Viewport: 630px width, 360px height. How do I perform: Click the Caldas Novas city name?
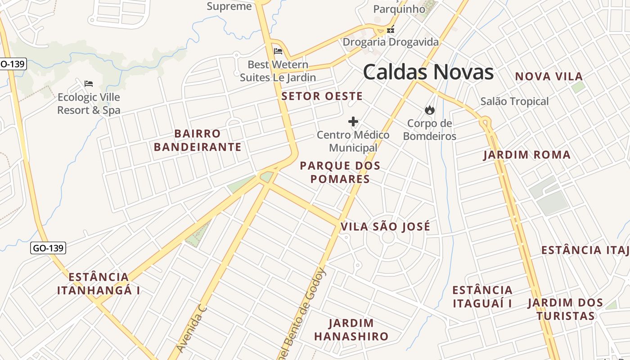tap(428, 72)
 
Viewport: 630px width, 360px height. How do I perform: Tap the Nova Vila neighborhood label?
tap(549, 76)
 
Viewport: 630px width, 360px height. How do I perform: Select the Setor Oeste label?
tap(322, 96)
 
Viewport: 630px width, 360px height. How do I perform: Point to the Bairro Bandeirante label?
tap(198, 140)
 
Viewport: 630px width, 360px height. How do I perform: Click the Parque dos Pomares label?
tap(340, 172)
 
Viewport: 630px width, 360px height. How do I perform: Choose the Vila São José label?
tap(386, 226)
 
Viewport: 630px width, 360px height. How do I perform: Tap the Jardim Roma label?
tap(526, 155)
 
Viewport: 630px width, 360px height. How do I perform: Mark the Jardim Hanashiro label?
tap(351, 330)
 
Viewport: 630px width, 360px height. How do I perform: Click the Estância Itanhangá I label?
tap(99, 283)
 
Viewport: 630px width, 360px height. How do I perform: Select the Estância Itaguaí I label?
tap(482, 297)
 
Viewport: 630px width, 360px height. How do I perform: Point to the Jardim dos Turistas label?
tap(565, 309)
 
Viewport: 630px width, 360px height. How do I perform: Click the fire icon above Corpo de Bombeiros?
tap(430, 110)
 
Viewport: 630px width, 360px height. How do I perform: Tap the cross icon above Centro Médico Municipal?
tap(353, 121)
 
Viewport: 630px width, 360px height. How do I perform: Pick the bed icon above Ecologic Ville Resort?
tap(89, 84)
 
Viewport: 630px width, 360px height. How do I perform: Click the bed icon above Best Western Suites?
tap(278, 51)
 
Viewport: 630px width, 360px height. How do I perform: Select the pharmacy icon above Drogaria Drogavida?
tap(391, 30)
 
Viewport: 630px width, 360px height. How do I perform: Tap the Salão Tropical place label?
tap(514, 101)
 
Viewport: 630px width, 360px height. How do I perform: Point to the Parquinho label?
tap(399, 9)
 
